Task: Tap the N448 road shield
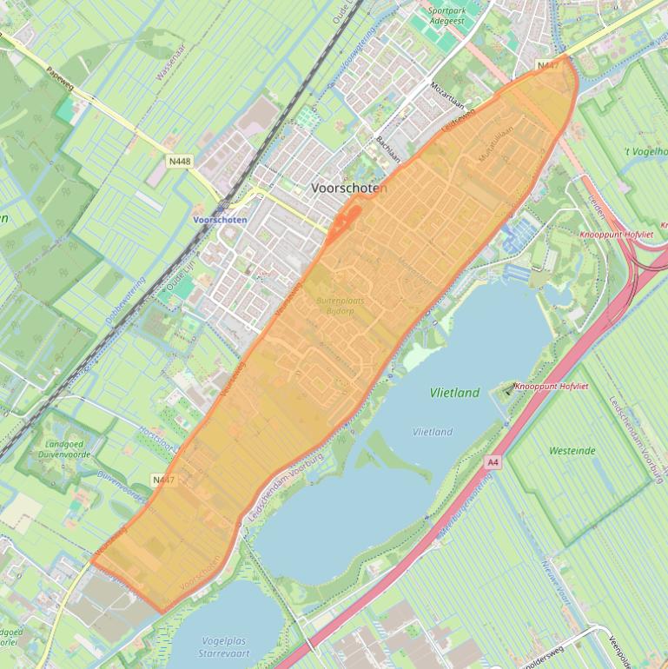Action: pyautogui.click(x=180, y=161)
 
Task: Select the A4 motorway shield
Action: pyautogui.click(x=493, y=462)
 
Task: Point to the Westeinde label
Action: pyautogui.click(x=572, y=451)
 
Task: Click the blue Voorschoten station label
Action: pyautogui.click(x=220, y=220)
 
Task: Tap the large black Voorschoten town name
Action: pyautogui.click(x=349, y=187)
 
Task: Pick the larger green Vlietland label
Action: pyautogui.click(x=454, y=393)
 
